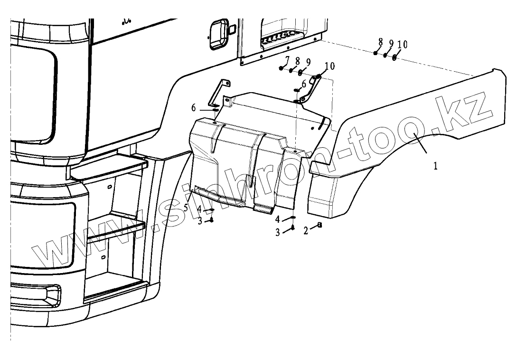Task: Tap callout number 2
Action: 306,231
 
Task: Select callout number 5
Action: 186,208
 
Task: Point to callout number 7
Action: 287,59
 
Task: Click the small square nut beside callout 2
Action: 319,225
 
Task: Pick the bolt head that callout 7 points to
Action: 282,69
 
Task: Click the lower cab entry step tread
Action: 116,227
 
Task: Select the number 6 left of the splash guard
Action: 194,108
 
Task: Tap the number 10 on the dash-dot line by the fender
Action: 402,44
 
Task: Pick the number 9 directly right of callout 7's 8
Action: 308,62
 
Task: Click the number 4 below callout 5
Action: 200,209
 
